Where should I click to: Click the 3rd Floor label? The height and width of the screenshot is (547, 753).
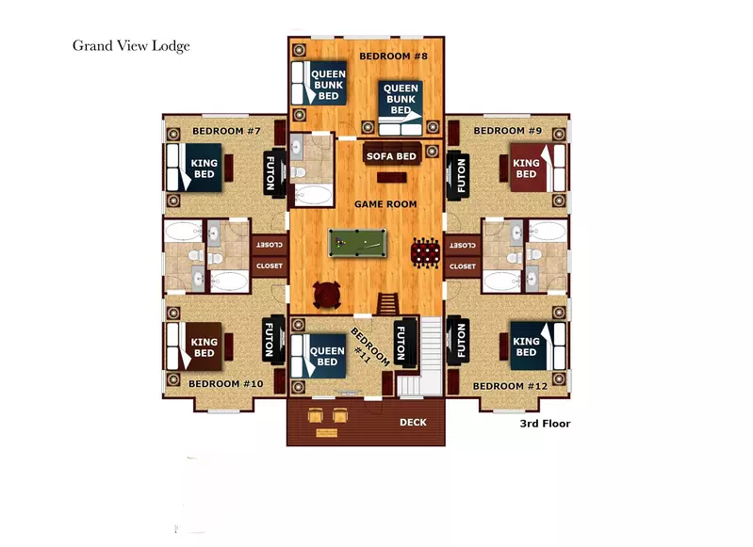click(x=545, y=424)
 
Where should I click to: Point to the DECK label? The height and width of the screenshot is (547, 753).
click(x=412, y=423)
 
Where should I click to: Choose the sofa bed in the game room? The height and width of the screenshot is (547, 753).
click(x=391, y=156)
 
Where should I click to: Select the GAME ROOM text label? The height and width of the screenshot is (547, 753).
click(x=385, y=203)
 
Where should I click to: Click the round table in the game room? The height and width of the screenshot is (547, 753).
click(x=327, y=296)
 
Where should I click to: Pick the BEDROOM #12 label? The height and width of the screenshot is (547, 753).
click(x=510, y=386)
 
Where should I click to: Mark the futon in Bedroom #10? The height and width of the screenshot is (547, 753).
click(x=272, y=341)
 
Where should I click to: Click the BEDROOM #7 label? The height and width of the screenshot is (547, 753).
click(x=226, y=130)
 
